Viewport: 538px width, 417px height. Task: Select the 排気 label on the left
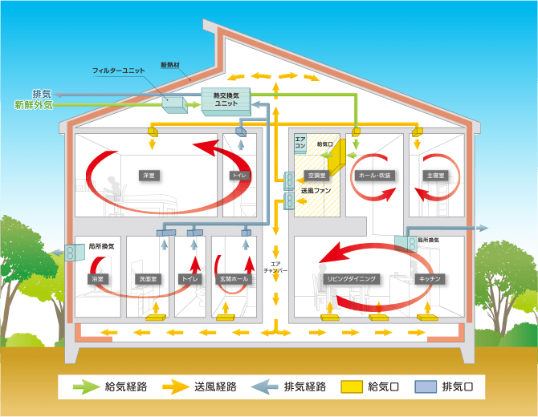42,94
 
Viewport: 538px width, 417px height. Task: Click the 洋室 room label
148,174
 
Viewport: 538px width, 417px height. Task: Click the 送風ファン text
316,192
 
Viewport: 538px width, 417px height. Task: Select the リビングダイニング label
350,278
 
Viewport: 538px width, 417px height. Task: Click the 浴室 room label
100,278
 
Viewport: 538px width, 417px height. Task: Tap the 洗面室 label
147,278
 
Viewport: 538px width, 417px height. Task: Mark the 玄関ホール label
234,278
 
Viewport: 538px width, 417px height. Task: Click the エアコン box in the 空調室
300,144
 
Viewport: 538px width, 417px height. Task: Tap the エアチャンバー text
275,266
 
